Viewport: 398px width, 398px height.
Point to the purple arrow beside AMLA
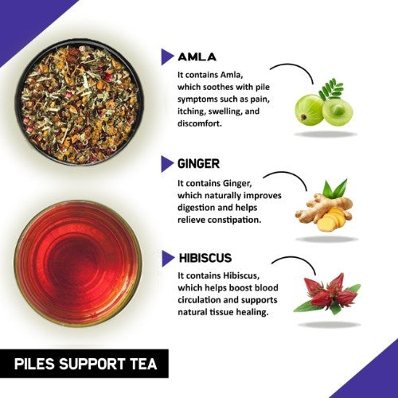click(x=167, y=57)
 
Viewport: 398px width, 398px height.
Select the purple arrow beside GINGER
click(x=167, y=164)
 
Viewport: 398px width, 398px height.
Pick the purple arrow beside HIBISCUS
click(x=167, y=259)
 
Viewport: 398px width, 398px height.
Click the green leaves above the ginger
click(x=334, y=189)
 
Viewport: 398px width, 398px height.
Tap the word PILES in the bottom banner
click(x=38, y=366)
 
